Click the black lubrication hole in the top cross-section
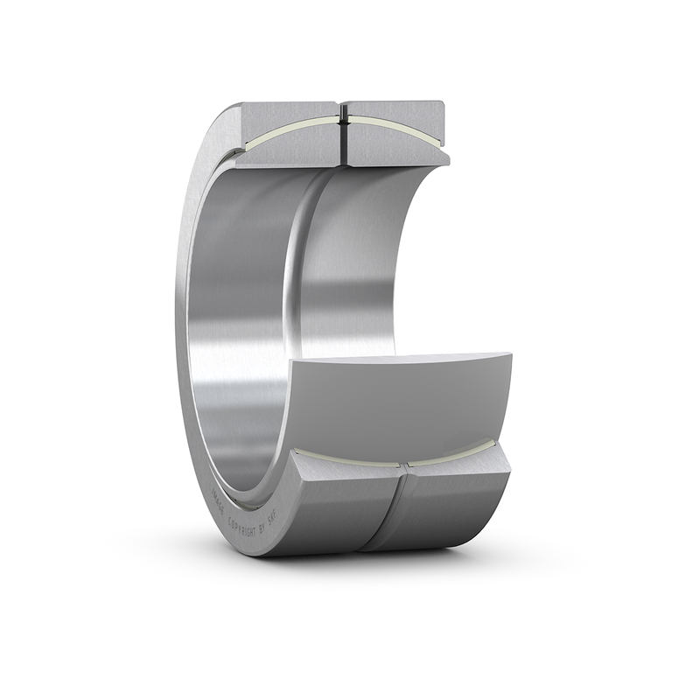[342, 131]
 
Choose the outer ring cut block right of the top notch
[394, 109]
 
